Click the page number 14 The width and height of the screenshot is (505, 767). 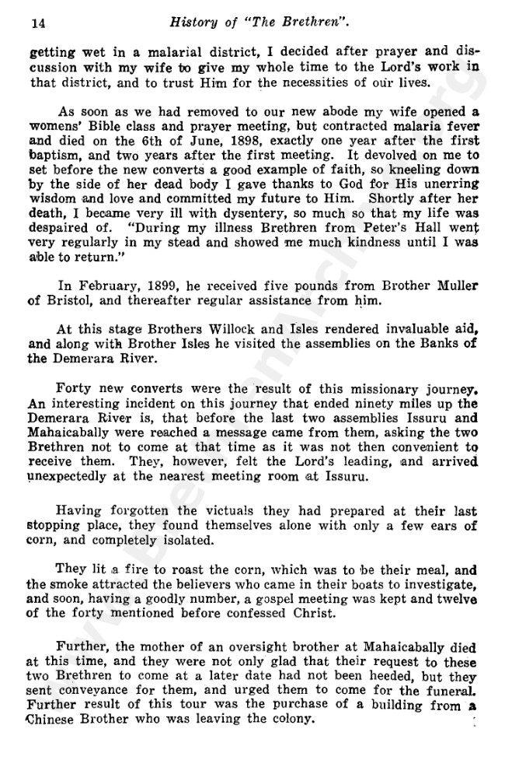pos(37,24)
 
